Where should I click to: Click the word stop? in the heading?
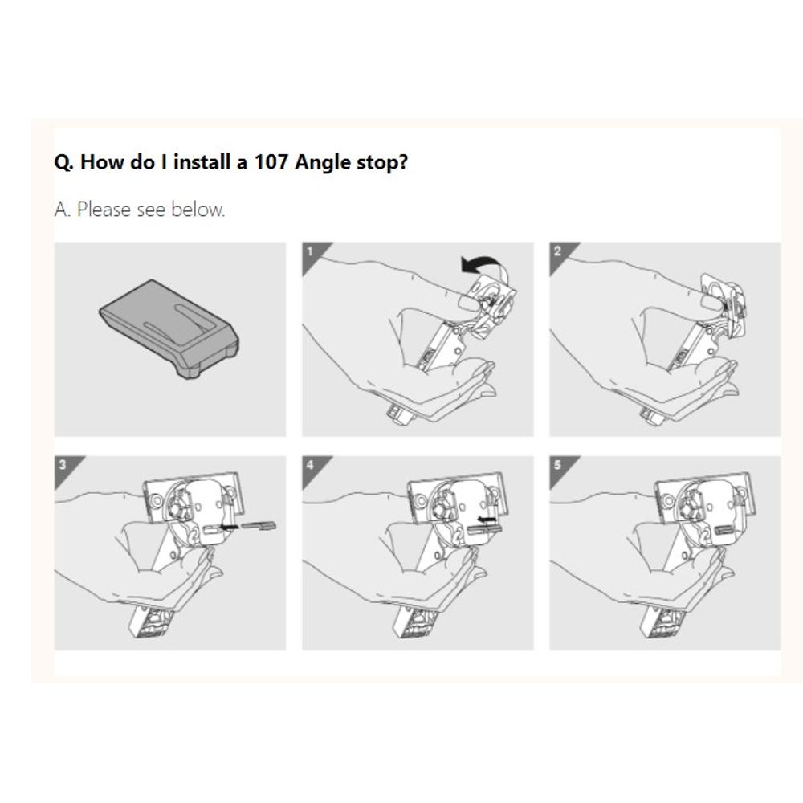(381, 163)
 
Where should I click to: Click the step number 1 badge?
(310, 251)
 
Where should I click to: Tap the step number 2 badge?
(557, 251)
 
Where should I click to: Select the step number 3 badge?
(62, 465)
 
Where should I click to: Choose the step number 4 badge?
(310, 465)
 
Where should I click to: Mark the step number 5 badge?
(557, 465)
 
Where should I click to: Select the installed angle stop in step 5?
(724, 528)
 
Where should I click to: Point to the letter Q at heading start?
(63, 163)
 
